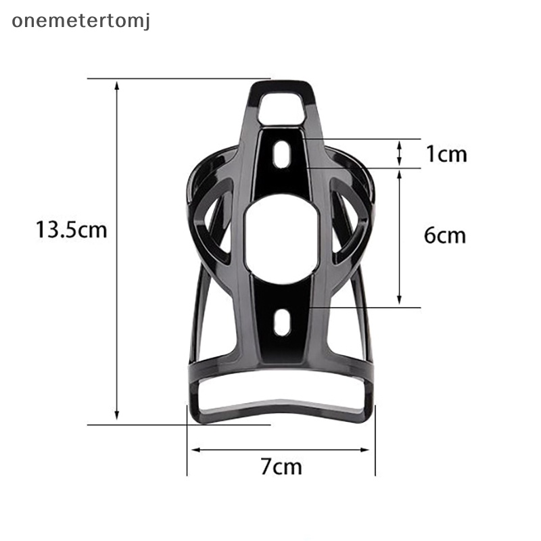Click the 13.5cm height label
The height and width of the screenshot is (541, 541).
[72, 231]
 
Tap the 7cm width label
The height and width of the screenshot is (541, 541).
[281, 467]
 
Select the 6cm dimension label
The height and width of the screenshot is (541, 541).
[445, 235]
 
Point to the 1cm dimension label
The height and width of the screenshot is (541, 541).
[446, 154]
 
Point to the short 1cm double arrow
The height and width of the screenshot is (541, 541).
[400, 153]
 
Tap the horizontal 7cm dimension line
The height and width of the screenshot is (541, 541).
[281, 449]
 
